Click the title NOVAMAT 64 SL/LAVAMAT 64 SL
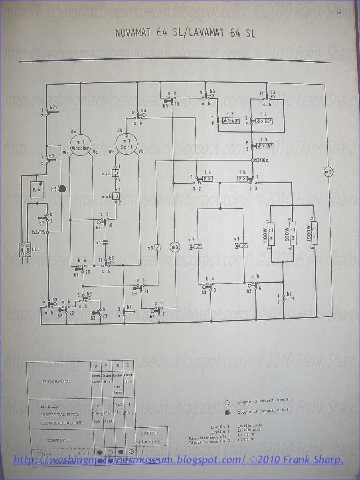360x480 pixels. click(185, 33)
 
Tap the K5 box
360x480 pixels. click(37, 190)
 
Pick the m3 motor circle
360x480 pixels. click(174, 248)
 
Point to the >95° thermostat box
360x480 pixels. click(264, 146)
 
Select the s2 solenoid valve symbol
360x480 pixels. click(197, 247)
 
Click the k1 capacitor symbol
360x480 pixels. click(105, 242)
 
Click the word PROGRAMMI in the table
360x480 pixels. click(56, 381)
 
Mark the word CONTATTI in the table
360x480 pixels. click(58, 440)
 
